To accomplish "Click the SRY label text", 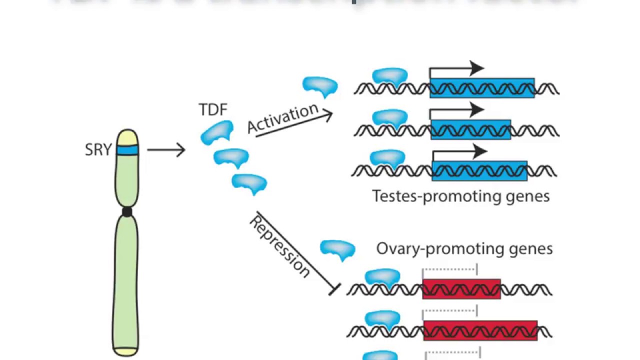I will click(x=98, y=149).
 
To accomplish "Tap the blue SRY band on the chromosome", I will click(x=127, y=149).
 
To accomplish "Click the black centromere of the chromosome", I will click(x=127, y=211).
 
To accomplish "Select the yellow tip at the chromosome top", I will click(x=127, y=137).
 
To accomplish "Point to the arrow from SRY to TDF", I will click(x=166, y=149).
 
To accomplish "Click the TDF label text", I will click(x=213, y=109).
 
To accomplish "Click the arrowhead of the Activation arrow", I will click(x=327, y=115).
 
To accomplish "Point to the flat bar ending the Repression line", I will click(x=334, y=289).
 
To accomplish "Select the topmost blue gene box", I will click(x=482, y=88).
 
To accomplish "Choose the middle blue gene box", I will click(x=470, y=129).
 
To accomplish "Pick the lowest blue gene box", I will click(x=479, y=170).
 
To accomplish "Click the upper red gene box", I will click(x=461, y=289).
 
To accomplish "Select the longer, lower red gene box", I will click(x=480, y=331).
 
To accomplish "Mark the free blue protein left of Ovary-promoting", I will click(x=337, y=249).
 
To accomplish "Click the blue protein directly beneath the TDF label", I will click(x=217, y=133).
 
